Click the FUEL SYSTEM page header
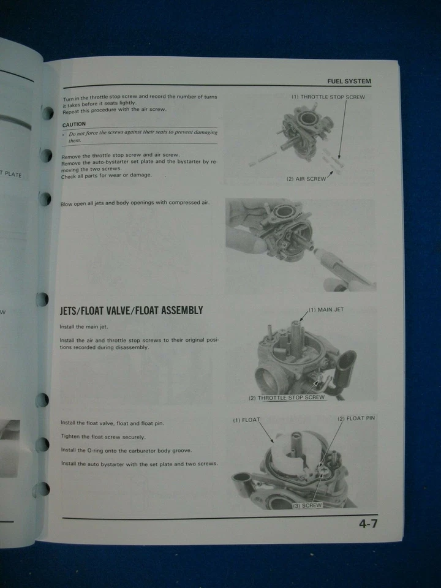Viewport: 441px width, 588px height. (349, 81)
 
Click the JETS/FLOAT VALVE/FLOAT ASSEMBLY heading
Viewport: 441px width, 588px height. (131, 311)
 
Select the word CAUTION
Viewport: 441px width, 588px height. (74, 124)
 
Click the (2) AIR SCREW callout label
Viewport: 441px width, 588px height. (306, 179)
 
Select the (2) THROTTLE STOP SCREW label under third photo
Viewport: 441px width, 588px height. (286, 398)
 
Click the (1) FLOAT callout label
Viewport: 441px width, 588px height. (246, 420)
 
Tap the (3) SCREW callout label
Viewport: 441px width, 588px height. (307, 505)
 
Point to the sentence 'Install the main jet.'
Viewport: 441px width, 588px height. (83, 327)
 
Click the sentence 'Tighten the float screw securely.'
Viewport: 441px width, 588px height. (103, 437)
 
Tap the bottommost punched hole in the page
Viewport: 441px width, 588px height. (42, 489)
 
